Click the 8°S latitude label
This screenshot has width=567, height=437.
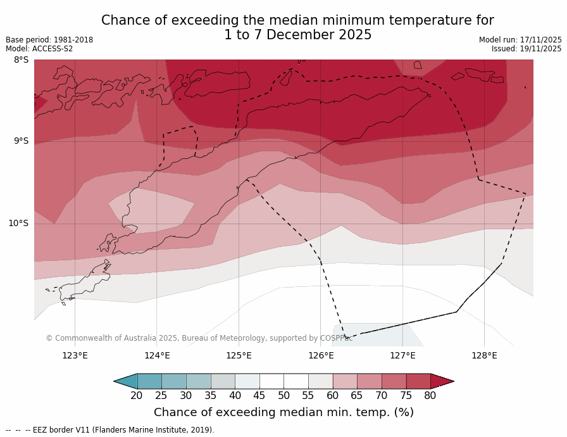point(21,60)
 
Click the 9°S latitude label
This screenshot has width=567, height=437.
point(21,141)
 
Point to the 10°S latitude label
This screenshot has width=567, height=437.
point(18,223)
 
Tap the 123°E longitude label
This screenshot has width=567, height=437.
point(75,355)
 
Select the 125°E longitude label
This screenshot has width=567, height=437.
point(239,355)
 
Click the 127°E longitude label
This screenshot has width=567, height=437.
point(402,355)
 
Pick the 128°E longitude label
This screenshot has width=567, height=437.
point(484,355)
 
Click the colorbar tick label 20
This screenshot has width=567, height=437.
point(137,396)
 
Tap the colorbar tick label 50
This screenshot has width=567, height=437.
point(283,396)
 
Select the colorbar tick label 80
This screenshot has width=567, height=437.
point(430,396)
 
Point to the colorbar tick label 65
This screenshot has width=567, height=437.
point(357,396)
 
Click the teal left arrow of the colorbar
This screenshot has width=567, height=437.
point(125,381)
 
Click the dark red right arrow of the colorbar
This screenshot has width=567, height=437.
point(442,381)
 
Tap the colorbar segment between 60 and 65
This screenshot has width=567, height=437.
point(345,381)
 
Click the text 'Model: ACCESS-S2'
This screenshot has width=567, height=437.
point(39,49)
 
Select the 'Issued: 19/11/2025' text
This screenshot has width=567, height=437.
point(526,49)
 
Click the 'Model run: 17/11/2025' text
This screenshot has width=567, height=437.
point(520,40)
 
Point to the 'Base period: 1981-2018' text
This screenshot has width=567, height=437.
point(49,40)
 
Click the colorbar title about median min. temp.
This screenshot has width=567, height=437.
point(283,413)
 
